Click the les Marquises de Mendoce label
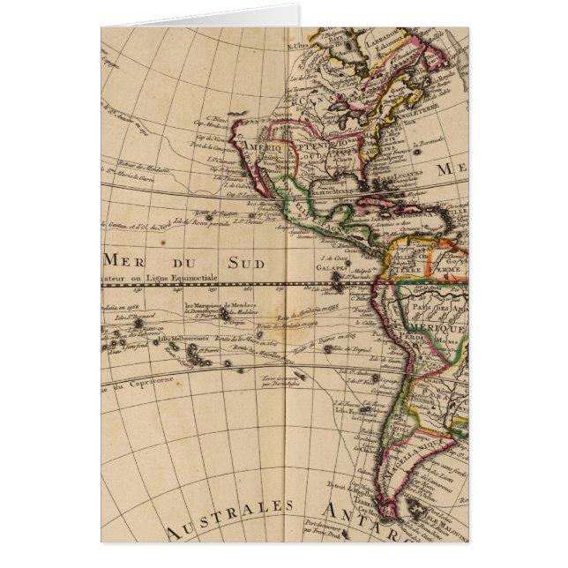coord(209,307)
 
